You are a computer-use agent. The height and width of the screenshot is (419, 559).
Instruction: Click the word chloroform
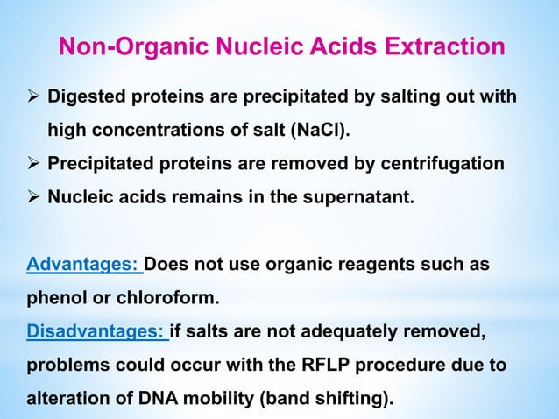click(x=172, y=298)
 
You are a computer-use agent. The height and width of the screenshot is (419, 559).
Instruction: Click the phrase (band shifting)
click(x=325, y=398)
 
